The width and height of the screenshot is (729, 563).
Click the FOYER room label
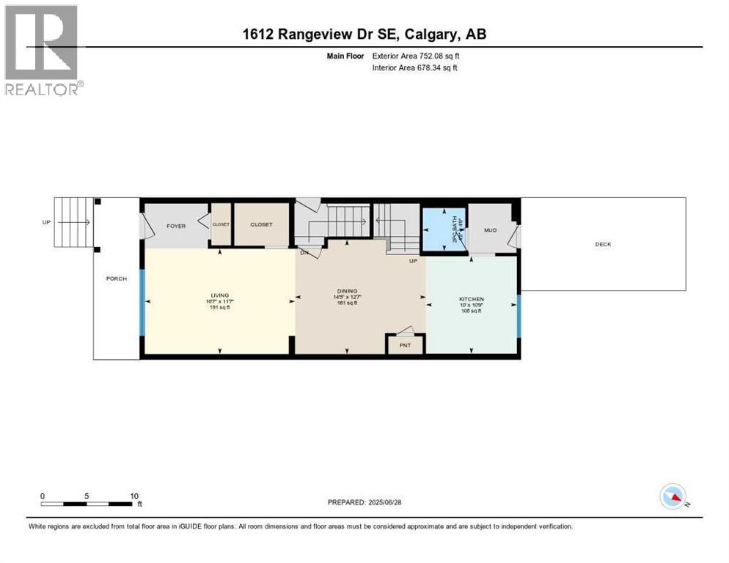coord(175,225)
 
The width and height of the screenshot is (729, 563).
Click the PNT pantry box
coord(405,344)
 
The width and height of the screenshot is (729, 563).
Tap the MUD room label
coord(490,229)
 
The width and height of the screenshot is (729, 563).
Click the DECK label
coord(603,245)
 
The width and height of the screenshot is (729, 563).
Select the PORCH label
coord(116,279)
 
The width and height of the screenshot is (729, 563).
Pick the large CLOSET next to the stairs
coord(261,224)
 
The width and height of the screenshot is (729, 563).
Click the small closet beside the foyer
coord(221,224)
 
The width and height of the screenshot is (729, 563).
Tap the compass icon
coord(673,497)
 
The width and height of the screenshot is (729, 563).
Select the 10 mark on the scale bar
coord(134,496)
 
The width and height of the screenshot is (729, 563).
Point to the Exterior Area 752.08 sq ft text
coord(416,55)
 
